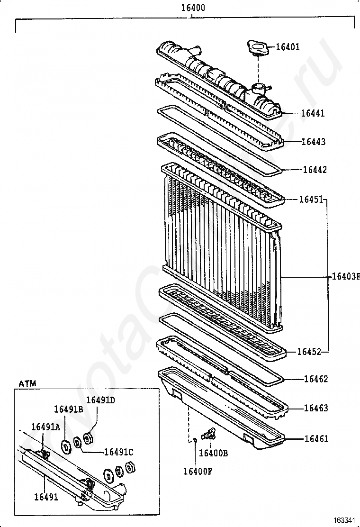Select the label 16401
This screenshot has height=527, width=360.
coord(288,47)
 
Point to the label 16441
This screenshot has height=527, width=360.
coord(313,113)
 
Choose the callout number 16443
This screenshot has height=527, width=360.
coord(314,142)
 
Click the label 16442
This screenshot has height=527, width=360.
coord(315,170)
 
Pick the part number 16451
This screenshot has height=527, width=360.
coord(310,199)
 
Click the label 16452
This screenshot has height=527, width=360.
coord(309,352)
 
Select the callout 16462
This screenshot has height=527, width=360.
coord(315,379)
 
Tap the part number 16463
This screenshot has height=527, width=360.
coord(315,408)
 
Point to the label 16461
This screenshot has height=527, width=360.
coord(315,439)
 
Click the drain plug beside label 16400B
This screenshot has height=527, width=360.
coord(207,433)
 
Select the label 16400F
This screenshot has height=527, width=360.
coord(198,471)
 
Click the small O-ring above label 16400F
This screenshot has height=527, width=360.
coord(194,439)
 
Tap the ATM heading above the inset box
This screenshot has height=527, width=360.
coord(27,383)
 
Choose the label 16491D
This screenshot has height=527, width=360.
coord(100,400)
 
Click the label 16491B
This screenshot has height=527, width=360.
coord(68,409)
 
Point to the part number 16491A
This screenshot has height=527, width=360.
coord(45,427)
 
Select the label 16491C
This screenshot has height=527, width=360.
coord(118,452)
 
